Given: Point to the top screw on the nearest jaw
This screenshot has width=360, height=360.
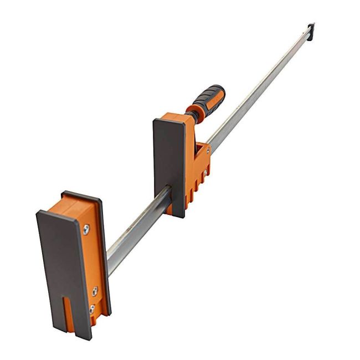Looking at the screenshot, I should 86,229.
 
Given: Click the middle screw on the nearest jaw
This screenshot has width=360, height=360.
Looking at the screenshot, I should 95,290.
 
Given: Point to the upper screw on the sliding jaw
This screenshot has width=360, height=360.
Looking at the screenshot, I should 208,149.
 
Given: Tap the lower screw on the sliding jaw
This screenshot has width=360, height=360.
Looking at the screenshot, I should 204,173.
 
